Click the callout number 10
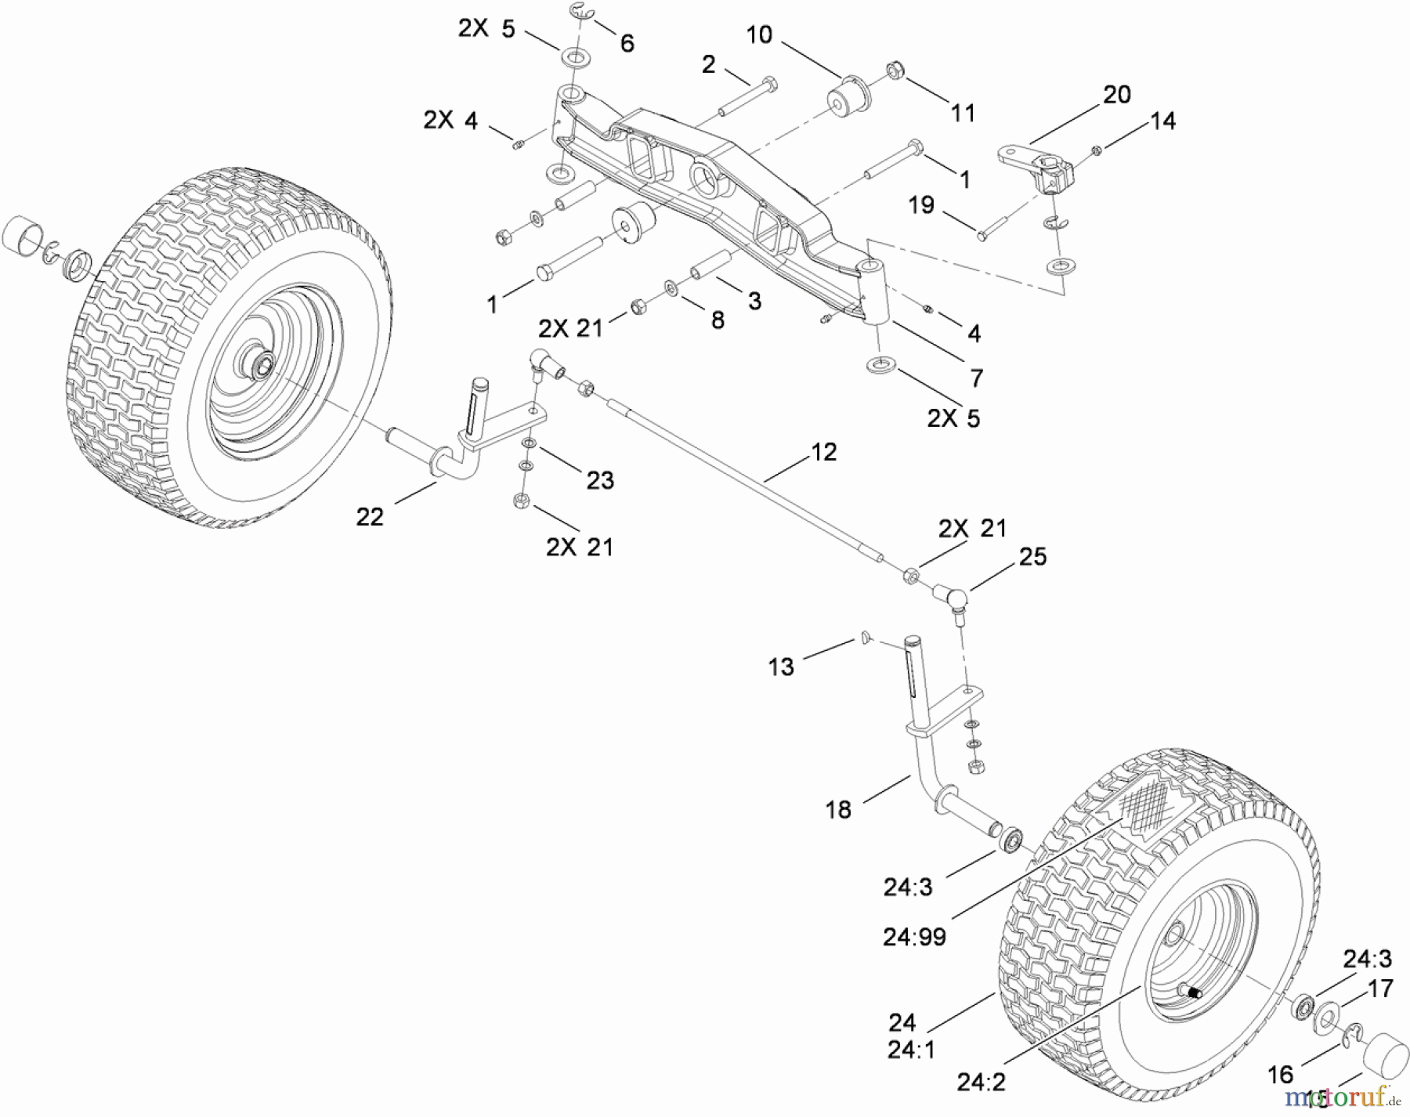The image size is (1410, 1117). pyautogui.click(x=759, y=35)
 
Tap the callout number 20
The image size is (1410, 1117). pyautogui.click(x=1116, y=95)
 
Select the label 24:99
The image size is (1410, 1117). pyautogui.click(x=914, y=937)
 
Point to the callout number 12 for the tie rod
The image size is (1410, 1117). pyautogui.click(x=824, y=452)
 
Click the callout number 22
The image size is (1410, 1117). pyautogui.click(x=370, y=517)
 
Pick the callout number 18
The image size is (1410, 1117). pyautogui.click(x=838, y=810)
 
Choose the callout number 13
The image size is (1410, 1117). pyautogui.click(x=781, y=667)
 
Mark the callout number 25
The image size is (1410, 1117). pyautogui.click(x=1032, y=557)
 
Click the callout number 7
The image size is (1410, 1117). pyautogui.click(x=976, y=378)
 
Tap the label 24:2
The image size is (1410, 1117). pyautogui.click(x=981, y=1083)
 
